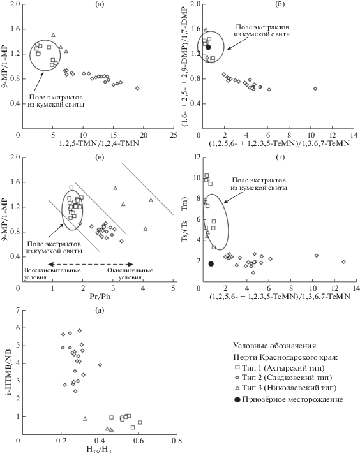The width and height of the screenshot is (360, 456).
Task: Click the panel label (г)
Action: pos(280,158)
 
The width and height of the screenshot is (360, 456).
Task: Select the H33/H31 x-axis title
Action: pos(100,450)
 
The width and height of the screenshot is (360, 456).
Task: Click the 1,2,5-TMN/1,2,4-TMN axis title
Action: pos(99,143)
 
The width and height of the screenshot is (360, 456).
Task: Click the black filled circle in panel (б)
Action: pos(208,47)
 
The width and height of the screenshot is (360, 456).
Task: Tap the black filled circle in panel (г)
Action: pos(211,264)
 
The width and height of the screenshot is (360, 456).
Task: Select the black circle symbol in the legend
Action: pos(237,400)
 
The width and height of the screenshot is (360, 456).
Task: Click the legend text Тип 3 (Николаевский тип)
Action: pos(289,388)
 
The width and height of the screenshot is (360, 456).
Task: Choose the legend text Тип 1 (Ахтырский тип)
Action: pos(283,368)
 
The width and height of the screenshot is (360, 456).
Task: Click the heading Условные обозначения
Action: pos(274,346)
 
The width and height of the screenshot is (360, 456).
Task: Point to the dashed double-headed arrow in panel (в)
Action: pos(91,264)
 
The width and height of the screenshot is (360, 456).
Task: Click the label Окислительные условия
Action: pos(130,274)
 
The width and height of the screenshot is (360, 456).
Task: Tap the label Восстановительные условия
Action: pos(52,274)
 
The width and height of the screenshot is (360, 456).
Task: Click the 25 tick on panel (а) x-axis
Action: pos(174,135)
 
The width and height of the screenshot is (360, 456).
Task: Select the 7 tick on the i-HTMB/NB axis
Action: pos(18,310)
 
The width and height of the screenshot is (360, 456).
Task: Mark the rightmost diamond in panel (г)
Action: pos(343,261)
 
